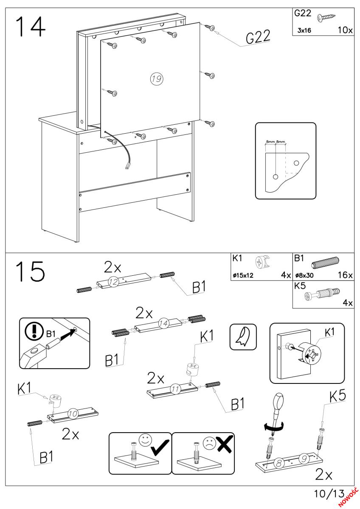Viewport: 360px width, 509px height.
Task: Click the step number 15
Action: (x=30, y=272)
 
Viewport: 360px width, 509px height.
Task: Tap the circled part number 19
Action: (x=157, y=78)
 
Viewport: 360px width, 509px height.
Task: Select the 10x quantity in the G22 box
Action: (x=344, y=31)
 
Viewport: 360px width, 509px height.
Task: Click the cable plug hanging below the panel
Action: (x=127, y=166)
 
